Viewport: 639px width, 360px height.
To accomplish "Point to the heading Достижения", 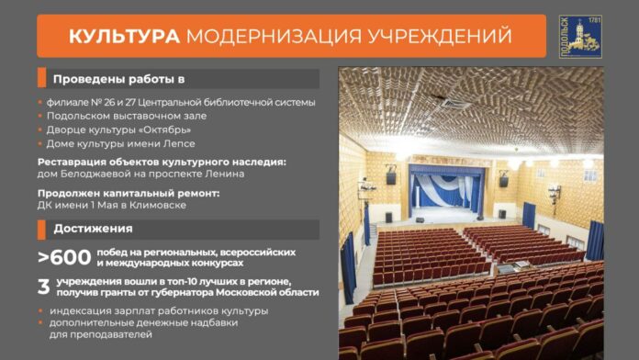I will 92,228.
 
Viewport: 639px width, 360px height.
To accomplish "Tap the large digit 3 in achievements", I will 43,286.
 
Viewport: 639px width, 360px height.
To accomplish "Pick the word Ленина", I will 223,174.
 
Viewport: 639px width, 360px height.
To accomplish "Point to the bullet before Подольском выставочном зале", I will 40,116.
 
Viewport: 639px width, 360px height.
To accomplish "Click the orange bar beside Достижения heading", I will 40,228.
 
